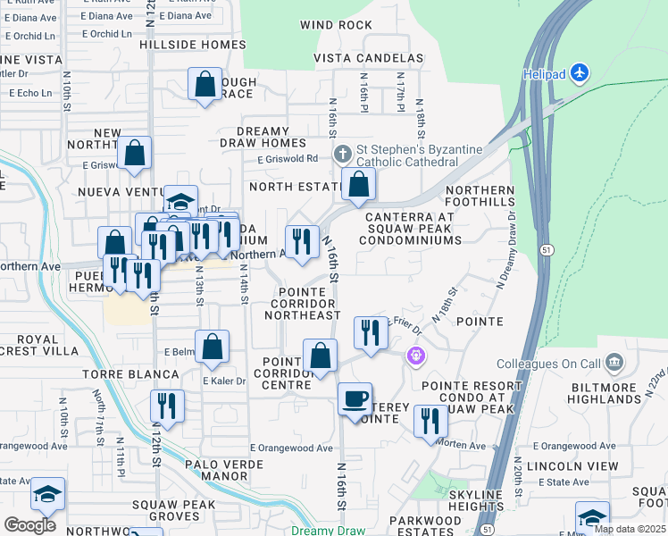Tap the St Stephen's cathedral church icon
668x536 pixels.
pyautogui.click(x=343, y=155)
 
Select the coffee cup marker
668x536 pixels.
pyautogui.click(x=355, y=398)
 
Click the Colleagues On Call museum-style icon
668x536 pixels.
pyautogui.click(x=614, y=363)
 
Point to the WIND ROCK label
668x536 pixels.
pyautogui.click(x=336, y=25)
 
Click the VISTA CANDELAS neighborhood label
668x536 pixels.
pyautogui.click(x=368, y=58)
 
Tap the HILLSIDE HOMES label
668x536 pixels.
pyautogui.click(x=192, y=44)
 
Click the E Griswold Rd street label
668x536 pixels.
pyautogui.click(x=287, y=159)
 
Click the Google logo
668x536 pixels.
pyautogui.click(x=29, y=524)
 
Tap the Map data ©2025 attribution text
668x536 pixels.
pyautogui.click(x=629, y=529)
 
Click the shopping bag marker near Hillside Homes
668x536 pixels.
pyautogui.click(x=205, y=85)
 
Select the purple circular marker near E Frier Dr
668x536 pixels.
pyautogui.click(x=415, y=356)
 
